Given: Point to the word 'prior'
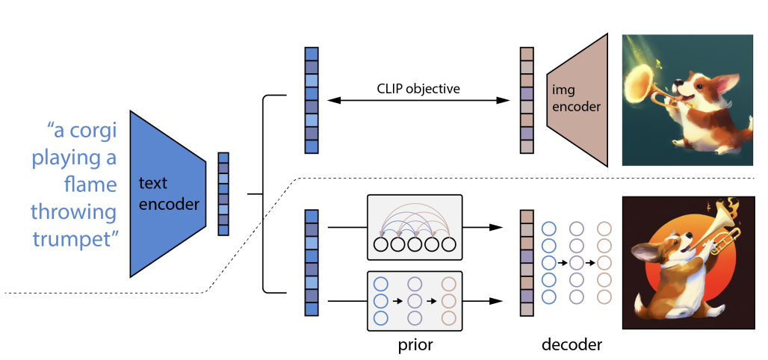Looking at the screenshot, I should [x=416, y=345].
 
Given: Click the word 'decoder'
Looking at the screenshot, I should [x=572, y=345].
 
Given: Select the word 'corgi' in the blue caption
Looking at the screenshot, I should [x=93, y=131].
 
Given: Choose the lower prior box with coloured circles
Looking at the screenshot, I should [x=415, y=300].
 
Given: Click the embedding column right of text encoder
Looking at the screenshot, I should [x=223, y=193].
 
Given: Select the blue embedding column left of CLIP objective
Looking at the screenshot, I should [x=312, y=100].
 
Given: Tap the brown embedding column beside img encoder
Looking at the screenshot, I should [x=527, y=100].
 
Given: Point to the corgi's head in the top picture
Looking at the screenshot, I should [x=704, y=82].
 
